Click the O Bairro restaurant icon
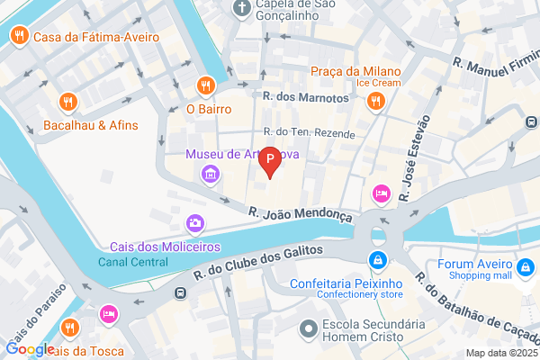206,85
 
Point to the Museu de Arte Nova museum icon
210,173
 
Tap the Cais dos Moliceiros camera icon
193,223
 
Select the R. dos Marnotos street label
304,96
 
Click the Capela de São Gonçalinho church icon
241,8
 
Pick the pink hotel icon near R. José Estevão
380,193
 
